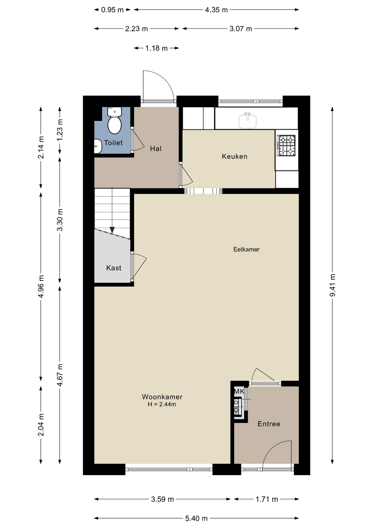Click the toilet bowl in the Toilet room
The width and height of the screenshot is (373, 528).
[115, 125]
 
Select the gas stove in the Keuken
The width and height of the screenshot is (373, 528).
[286, 145]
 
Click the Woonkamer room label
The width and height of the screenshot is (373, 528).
[162, 397]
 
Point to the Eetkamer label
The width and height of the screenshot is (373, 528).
[246, 249]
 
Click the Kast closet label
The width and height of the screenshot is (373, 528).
[114, 268]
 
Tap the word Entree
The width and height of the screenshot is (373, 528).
[269, 424]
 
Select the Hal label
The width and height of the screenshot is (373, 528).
[156, 149]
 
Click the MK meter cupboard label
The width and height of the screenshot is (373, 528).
[239, 391]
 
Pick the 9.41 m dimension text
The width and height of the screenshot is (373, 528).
[333, 285]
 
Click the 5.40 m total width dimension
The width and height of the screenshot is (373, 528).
[196, 518]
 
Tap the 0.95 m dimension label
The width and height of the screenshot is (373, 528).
[112, 10]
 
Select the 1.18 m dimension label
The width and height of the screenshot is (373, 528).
[156, 48]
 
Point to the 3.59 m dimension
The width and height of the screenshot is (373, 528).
[162, 499]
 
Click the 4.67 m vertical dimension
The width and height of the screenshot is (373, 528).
[60, 375]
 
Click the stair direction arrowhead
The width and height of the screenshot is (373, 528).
[112, 230]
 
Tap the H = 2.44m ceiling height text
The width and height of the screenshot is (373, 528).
[162, 404]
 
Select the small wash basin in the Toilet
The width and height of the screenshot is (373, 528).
[98, 146]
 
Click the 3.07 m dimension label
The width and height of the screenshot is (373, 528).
[241, 29]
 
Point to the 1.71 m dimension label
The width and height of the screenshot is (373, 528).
[267, 499]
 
